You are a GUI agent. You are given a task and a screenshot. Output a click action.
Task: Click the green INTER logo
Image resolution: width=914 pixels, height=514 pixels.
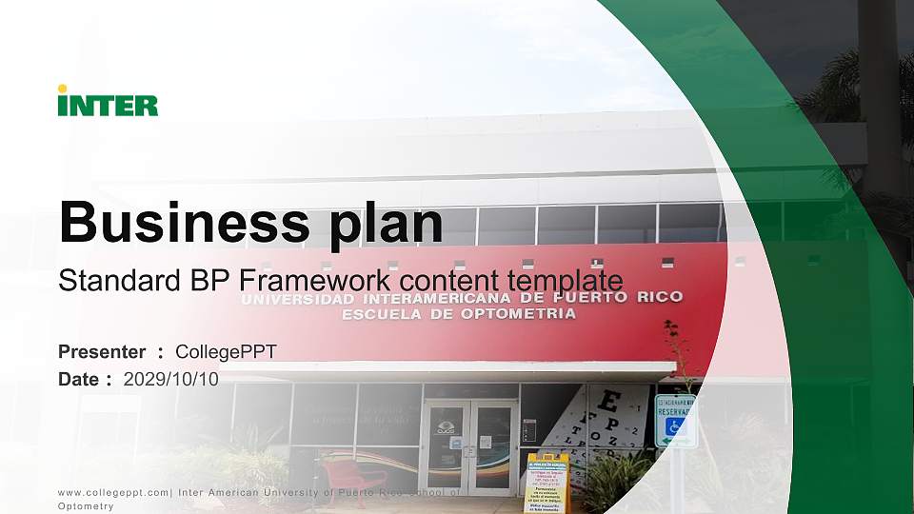click(108, 102)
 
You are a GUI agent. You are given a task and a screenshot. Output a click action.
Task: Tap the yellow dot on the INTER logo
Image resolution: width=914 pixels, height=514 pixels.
click(63, 89)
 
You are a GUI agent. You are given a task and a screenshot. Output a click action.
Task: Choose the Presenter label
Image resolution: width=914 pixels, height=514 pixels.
click(102, 352)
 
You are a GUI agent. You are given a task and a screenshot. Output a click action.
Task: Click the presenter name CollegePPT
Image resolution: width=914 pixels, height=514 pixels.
click(226, 352)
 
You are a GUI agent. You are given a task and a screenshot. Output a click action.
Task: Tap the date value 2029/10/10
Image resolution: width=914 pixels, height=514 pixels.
click(171, 379)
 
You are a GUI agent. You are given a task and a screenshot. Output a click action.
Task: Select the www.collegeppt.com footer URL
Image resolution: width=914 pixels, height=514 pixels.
click(114, 492)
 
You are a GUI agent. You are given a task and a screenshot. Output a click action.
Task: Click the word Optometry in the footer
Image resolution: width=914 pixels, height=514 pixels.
click(86, 506)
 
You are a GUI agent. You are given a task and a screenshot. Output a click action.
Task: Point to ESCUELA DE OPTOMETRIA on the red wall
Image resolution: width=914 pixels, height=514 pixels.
click(459, 313)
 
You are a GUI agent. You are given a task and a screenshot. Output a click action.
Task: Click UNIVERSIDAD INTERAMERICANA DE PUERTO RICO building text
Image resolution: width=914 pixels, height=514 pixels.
click(462, 297)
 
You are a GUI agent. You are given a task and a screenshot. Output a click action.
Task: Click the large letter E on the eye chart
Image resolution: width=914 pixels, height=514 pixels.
click(613, 398)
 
